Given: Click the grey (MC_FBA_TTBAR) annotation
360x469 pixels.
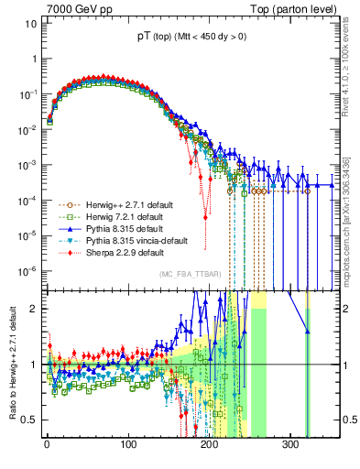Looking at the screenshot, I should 191,274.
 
